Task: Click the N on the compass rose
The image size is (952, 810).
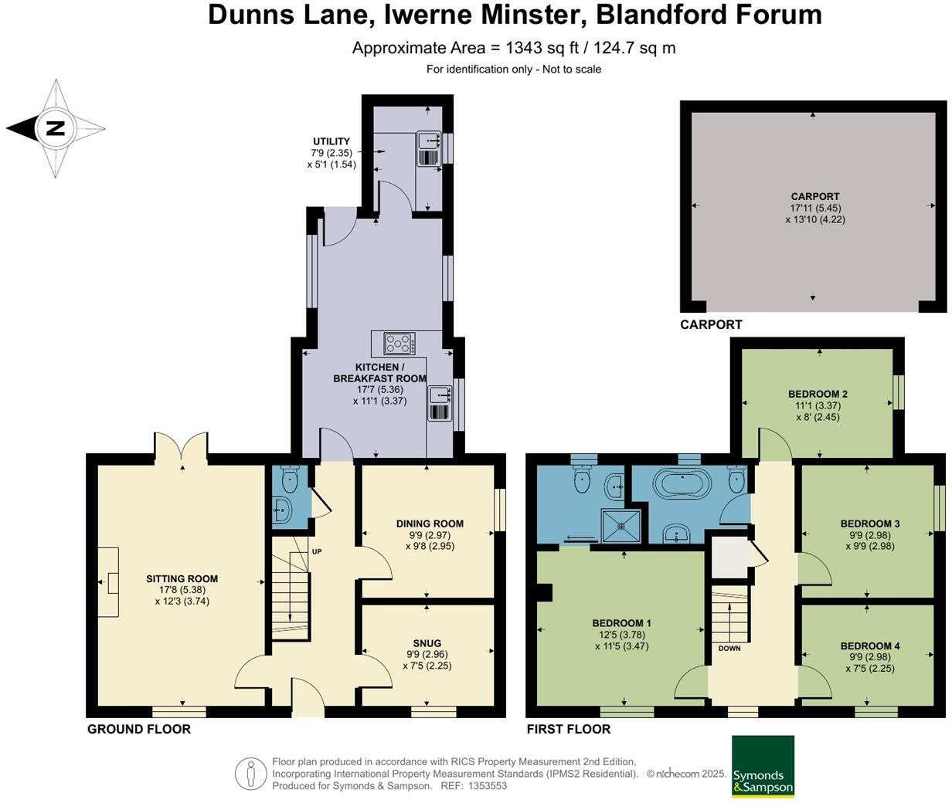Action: click(56, 128)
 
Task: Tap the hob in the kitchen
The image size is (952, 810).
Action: click(399, 344)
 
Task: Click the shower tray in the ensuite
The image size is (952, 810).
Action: click(620, 526)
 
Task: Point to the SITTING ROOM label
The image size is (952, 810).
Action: click(182, 578)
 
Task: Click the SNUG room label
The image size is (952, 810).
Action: click(427, 643)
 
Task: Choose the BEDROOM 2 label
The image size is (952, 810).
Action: click(818, 394)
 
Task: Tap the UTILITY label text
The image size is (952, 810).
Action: click(331, 141)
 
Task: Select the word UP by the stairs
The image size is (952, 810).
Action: click(317, 551)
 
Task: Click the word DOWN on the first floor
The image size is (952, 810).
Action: click(729, 648)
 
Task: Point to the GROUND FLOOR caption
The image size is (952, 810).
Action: click(138, 729)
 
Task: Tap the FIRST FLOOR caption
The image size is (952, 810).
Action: click(569, 729)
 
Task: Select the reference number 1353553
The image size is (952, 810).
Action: click(488, 785)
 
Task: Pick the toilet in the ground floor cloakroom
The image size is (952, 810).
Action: click(290, 479)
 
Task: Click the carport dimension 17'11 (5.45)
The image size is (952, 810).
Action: click(815, 208)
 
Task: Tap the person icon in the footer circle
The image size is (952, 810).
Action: click(251, 773)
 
